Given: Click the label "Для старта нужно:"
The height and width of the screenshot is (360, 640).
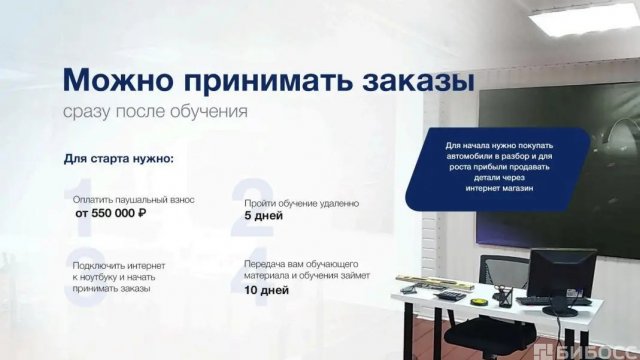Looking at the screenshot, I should pos(118,158).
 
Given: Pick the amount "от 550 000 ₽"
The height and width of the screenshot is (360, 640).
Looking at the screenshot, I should pos(111,213).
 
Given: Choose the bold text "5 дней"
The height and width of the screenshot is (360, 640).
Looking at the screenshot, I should pos(263,215).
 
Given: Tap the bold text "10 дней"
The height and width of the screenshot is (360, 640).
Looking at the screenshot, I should pos(266,290).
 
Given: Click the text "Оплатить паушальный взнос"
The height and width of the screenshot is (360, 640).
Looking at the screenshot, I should pos(134,200).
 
